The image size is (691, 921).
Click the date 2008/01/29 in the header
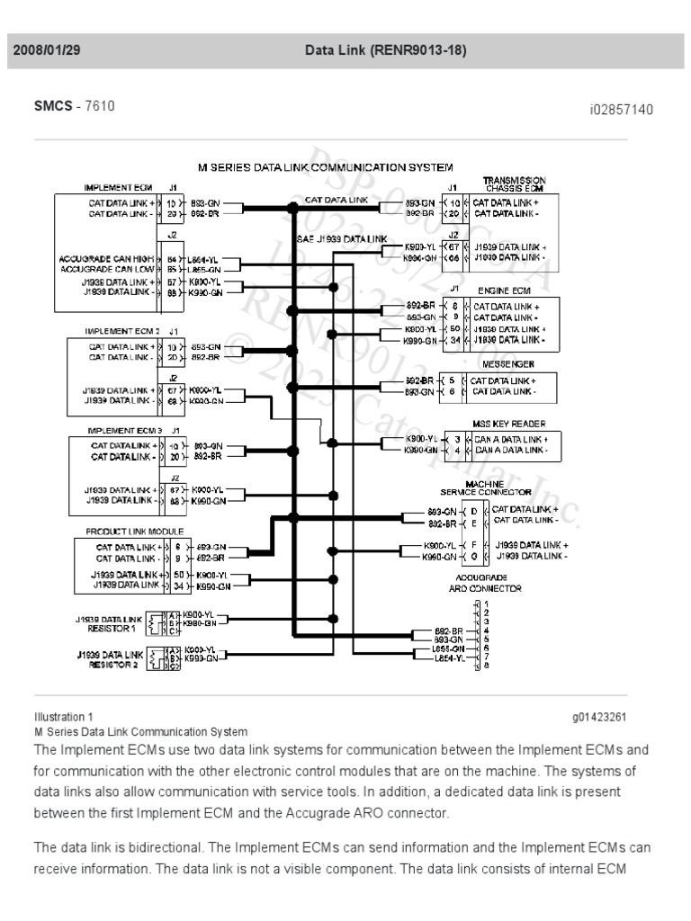[x=47, y=50]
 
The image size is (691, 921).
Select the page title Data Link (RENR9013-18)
[x=386, y=50]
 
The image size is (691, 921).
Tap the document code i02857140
[x=621, y=110]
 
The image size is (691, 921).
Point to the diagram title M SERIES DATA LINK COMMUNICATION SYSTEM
[x=325, y=167]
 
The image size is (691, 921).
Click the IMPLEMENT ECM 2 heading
[x=122, y=331]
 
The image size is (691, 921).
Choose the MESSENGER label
[x=508, y=364]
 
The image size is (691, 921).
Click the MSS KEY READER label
[x=509, y=424]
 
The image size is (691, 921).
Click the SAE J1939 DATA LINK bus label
[x=342, y=238]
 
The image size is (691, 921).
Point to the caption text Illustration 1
[x=63, y=717]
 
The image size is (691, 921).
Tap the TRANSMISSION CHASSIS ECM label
[x=515, y=183]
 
